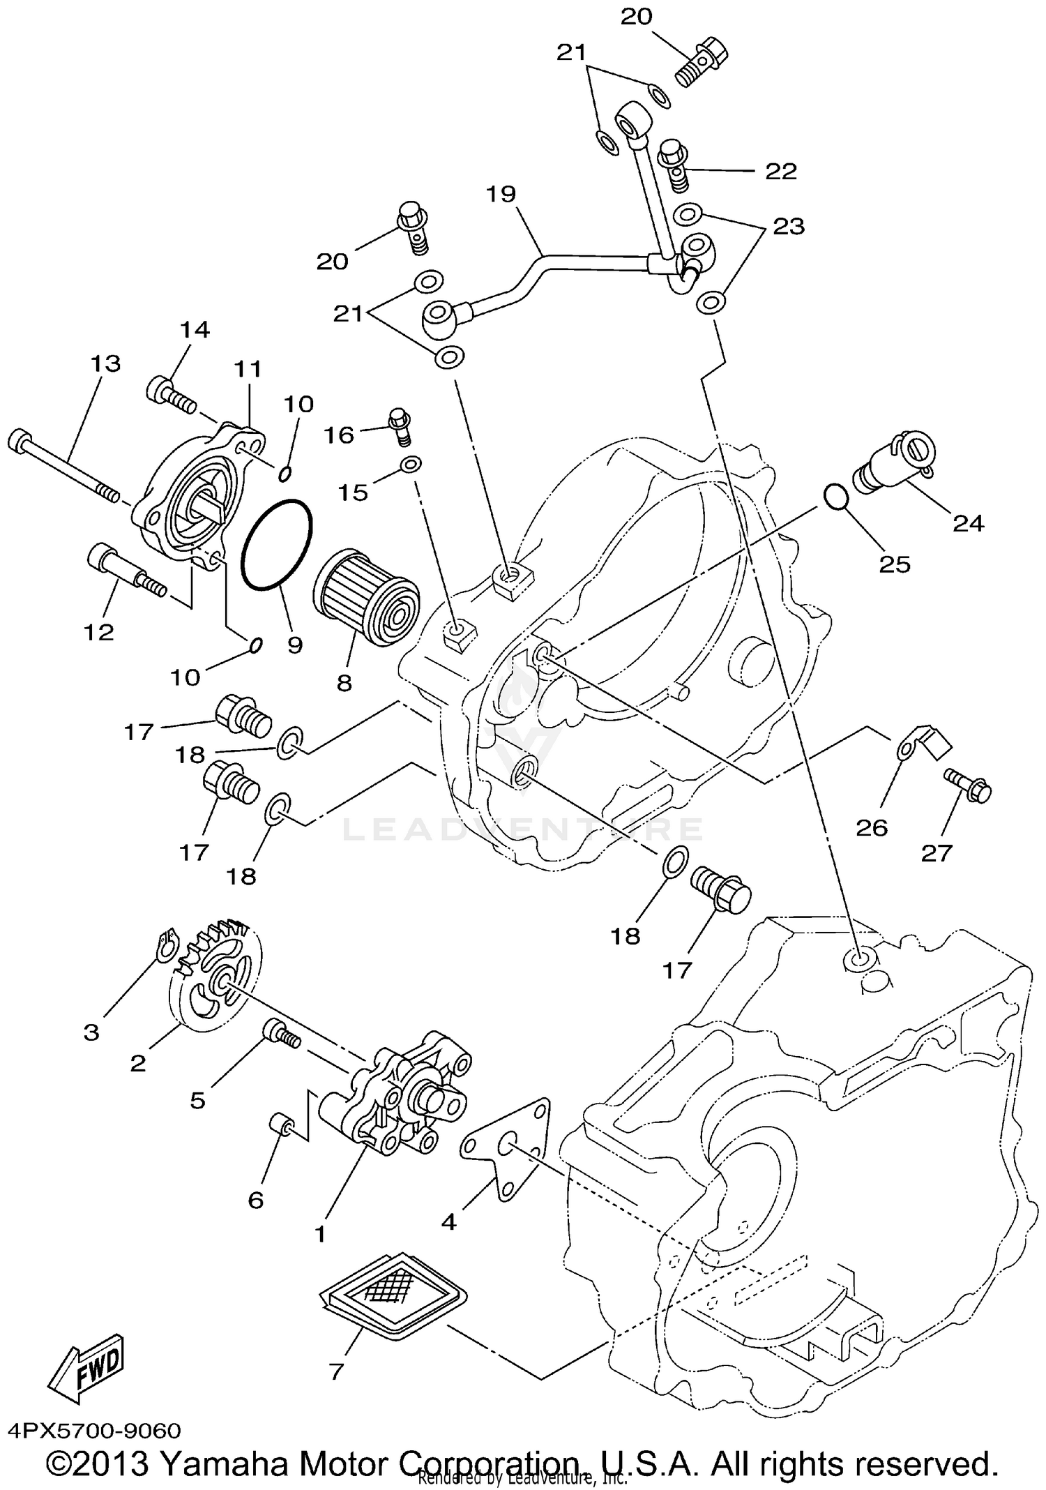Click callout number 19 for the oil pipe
click(500, 193)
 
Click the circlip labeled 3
click(165, 947)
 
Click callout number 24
click(968, 522)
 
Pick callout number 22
click(780, 172)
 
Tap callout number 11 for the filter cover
click(248, 368)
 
